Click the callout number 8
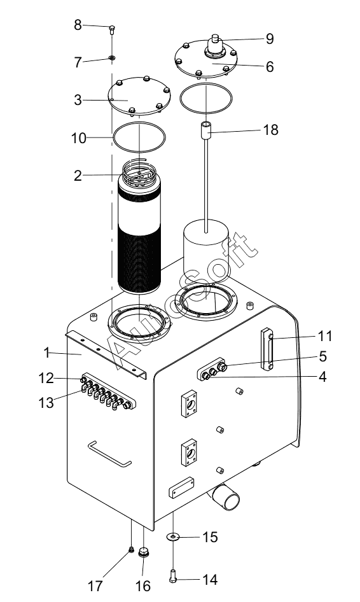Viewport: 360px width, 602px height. pos(78,25)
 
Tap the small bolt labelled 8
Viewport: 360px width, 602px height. pos(112,29)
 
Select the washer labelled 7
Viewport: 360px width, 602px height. pos(112,58)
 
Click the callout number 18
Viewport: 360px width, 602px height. pos(270,130)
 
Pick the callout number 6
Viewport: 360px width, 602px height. pos(270,66)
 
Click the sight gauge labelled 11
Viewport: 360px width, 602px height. pos(267,349)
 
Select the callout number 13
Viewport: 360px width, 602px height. pos(46,403)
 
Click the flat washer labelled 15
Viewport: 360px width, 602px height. pos(173,536)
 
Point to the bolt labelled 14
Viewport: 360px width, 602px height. pos(173,576)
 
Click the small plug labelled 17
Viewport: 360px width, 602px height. pos(131,550)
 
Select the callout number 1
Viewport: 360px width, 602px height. pos(47,353)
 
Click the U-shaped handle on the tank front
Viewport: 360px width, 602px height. pos(109,454)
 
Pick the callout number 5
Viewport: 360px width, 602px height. pos(322,356)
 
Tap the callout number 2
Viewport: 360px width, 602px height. pos(78,176)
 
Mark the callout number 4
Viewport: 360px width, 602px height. pos(322,377)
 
